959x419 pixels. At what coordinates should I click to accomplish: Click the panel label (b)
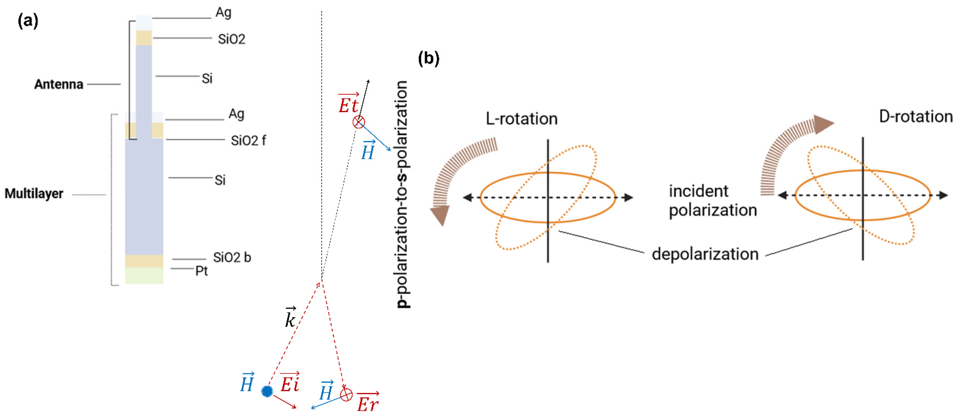(428, 59)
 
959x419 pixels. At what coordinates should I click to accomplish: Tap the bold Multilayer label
(34, 194)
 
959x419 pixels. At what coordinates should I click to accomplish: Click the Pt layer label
(201, 271)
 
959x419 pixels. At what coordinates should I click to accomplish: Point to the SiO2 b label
(232, 258)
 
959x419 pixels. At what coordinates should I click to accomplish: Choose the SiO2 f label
(248, 141)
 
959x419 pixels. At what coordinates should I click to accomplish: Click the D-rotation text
(915, 117)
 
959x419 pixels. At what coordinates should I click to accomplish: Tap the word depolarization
(705, 254)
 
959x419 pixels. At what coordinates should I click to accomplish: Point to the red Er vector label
(367, 403)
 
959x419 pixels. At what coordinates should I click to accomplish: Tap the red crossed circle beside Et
(359, 122)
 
